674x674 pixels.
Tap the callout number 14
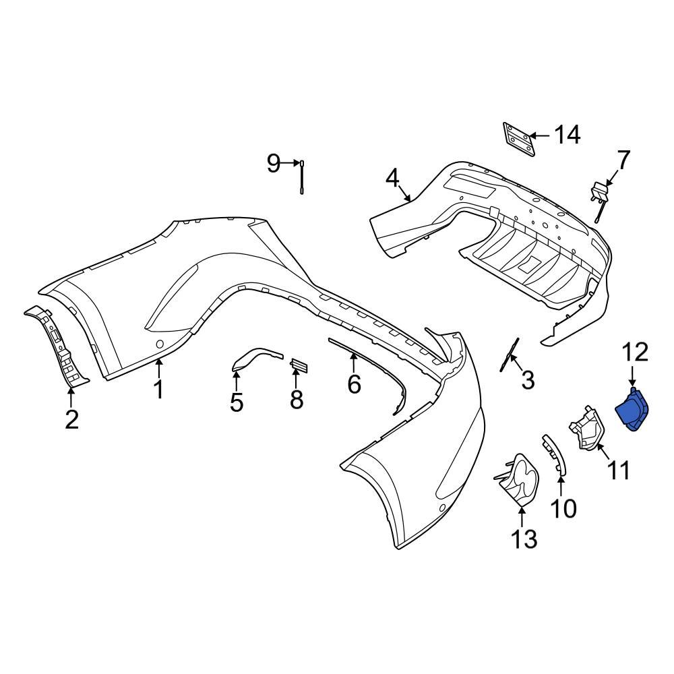tap(566, 135)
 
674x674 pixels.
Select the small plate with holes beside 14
tap(518, 140)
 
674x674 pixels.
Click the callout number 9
tap(273, 163)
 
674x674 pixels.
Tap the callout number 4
tap(393, 179)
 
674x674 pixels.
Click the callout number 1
tap(159, 389)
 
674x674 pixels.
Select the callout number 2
tap(71, 419)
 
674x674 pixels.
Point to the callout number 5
tap(236, 402)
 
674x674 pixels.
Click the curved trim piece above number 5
tap(254, 357)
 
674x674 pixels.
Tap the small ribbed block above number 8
tap(298, 365)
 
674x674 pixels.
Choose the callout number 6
tap(354, 384)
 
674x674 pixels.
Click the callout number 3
tap(528, 379)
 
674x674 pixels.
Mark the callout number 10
tap(563, 508)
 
